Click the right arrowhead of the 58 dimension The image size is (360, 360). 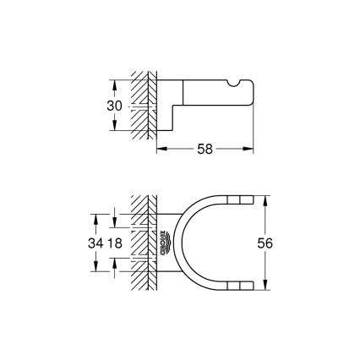(x=251, y=146)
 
